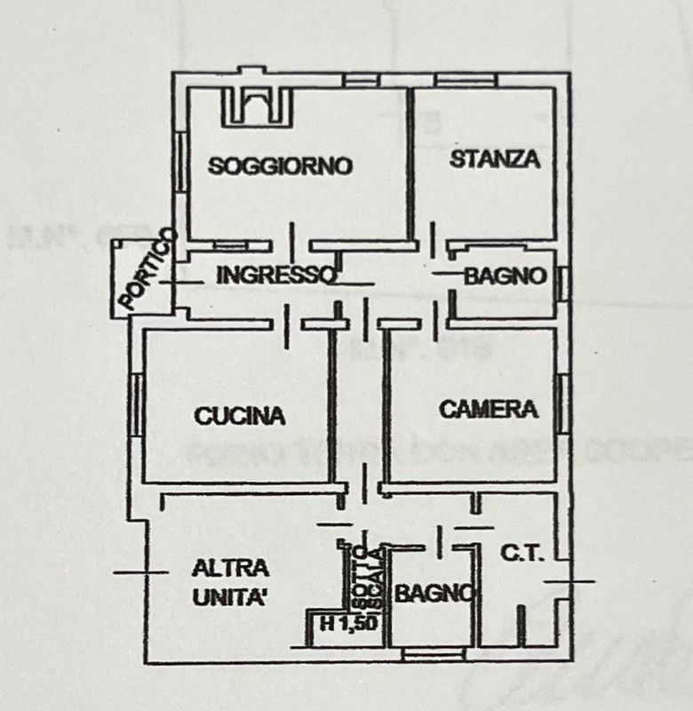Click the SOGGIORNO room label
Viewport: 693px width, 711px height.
coord(281,165)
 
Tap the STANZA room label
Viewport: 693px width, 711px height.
coord(495,160)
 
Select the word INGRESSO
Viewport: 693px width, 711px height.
coord(275,276)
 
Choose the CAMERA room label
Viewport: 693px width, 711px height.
coord(489,409)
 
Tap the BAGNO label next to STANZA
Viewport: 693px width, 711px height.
coord(505,276)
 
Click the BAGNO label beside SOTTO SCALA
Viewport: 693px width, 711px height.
coord(433,593)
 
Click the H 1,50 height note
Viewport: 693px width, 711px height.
coord(348,624)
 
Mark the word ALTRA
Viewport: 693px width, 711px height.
coord(231,568)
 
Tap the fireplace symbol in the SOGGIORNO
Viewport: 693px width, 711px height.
coord(257,107)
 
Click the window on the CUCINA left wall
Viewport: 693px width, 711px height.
coord(138,404)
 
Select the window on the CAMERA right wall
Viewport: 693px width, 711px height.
coord(562,402)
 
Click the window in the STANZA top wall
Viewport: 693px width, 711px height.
coord(465,81)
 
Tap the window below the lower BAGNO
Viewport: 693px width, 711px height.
coord(433,654)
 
